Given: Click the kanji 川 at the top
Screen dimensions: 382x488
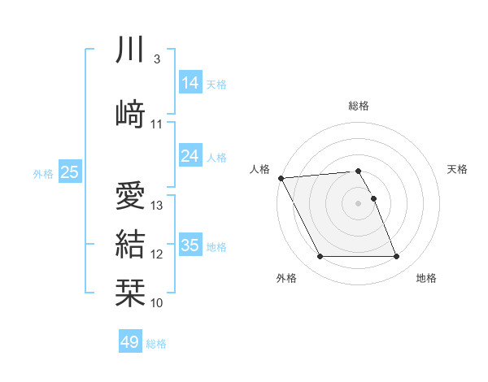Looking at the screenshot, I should click(130, 50).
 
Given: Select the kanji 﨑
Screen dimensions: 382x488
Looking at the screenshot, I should click(130, 112).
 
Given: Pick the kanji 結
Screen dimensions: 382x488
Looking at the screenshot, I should click(130, 244).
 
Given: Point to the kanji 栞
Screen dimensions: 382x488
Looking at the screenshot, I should click(130, 292).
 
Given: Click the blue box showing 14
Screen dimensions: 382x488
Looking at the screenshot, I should click(190, 83).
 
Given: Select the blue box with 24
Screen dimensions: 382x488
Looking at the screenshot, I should click(190, 156).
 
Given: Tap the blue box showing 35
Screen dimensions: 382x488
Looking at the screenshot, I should click(190, 245).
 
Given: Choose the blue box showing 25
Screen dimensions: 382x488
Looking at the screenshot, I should click(70, 172).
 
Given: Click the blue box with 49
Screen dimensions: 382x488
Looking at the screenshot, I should click(130, 342).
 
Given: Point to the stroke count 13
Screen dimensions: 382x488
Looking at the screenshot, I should click(158, 206).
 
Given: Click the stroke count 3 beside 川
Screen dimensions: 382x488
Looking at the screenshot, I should click(156, 59).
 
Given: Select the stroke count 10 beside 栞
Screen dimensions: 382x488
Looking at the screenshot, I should click(158, 303).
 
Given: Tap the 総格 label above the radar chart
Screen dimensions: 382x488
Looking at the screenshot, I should click(359, 106).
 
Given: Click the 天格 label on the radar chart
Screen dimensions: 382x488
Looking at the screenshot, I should click(458, 169).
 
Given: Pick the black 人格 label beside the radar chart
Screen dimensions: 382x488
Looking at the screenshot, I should click(259, 169).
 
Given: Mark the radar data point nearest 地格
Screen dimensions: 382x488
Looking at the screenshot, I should click(397, 257).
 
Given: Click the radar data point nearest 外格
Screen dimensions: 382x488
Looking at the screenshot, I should click(320, 257).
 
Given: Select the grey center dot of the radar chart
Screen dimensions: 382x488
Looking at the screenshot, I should click(359, 203).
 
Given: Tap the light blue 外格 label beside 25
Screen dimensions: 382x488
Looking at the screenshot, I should click(43, 173).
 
